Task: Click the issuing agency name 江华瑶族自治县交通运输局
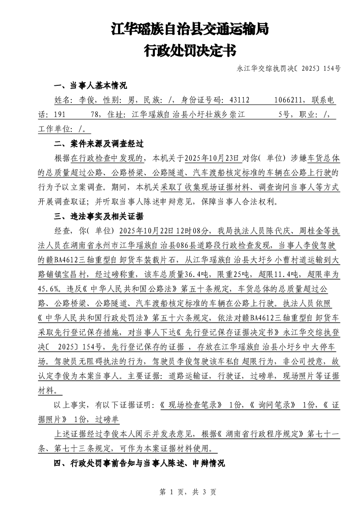tap(190, 30)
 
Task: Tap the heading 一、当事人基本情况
tap(90, 85)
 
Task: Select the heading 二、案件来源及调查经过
tap(99, 144)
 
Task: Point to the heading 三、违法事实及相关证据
tap(99, 216)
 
